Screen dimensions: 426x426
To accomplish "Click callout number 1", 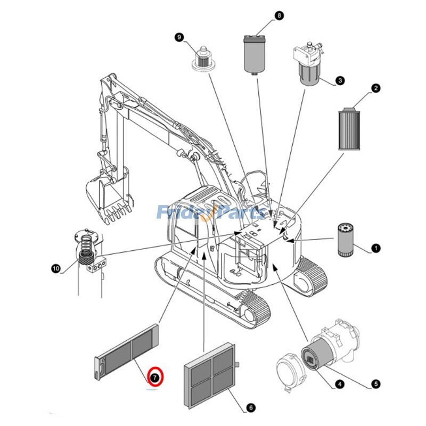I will click(x=375, y=248).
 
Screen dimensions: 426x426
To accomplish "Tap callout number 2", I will click(x=376, y=88).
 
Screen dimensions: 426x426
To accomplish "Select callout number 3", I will click(x=339, y=81).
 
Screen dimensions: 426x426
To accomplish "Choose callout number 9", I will click(x=179, y=37).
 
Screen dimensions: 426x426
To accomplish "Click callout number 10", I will click(x=56, y=268).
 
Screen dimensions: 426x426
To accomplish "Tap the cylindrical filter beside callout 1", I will click(x=345, y=240).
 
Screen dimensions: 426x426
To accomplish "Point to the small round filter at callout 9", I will click(x=202, y=59).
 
